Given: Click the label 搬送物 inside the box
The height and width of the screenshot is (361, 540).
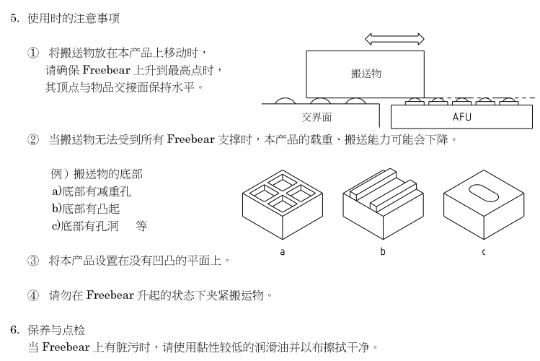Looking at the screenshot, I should (366, 74).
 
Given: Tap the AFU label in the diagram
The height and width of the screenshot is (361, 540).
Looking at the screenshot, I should (461, 116).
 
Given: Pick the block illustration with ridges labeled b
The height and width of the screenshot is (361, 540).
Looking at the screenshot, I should (382, 204).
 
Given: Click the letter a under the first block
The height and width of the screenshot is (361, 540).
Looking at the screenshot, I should (282, 252).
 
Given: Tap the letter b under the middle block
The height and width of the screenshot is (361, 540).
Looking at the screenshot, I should (383, 252).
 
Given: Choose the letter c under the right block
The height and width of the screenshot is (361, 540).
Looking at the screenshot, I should (483, 252).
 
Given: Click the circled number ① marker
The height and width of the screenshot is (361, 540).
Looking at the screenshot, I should (32, 53).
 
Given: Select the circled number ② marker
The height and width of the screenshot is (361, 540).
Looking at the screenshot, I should (32, 139).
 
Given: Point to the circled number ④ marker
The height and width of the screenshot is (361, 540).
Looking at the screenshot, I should (32, 295).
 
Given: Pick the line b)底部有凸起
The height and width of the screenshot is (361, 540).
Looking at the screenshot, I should (85, 208).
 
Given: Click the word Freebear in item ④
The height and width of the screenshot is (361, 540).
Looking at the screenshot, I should (109, 295).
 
